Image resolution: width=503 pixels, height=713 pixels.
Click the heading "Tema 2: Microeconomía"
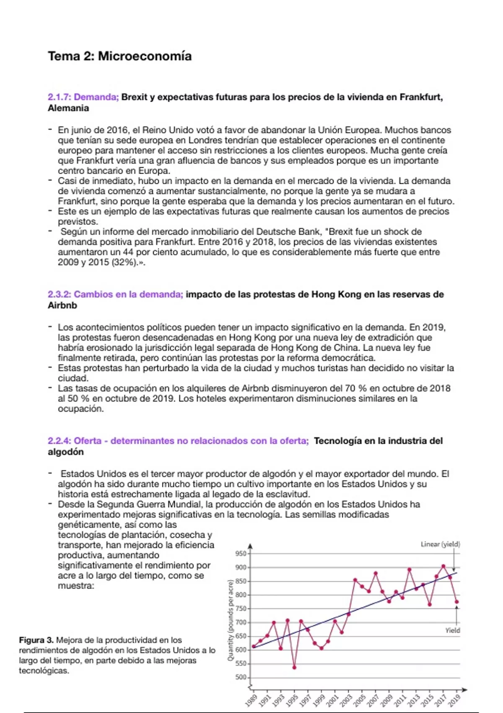pyautogui.click(x=120, y=56)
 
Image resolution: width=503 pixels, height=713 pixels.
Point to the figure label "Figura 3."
pyautogui.click(x=36, y=640)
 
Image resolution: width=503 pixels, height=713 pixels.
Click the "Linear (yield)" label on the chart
pyautogui.click(x=440, y=544)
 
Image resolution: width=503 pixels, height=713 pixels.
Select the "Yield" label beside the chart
pyautogui.click(x=453, y=630)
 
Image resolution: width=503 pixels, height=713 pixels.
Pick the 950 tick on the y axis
pyautogui.click(x=241, y=554)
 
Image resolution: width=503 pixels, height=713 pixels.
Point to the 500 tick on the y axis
pyautogui.click(x=241, y=677)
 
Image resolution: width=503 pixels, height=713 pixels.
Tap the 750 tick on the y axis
pyautogui.click(x=241, y=609)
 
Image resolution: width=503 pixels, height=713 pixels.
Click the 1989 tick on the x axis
pyautogui.click(x=251, y=700)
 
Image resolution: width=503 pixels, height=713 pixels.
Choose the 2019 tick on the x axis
pyautogui.click(x=454, y=700)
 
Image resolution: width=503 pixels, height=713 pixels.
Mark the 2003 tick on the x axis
pyautogui.click(x=346, y=700)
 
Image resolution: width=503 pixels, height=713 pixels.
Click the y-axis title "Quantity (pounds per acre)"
pyautogui.click(x=230, y=620)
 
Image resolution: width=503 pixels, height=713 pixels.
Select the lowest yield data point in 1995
pyautogui.click(x=294, y=667)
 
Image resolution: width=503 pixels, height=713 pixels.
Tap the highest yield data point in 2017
pyautogui.click(x=443, y=566)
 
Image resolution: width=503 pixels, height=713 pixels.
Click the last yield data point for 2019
pyautogui.click(x=457, y=602)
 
